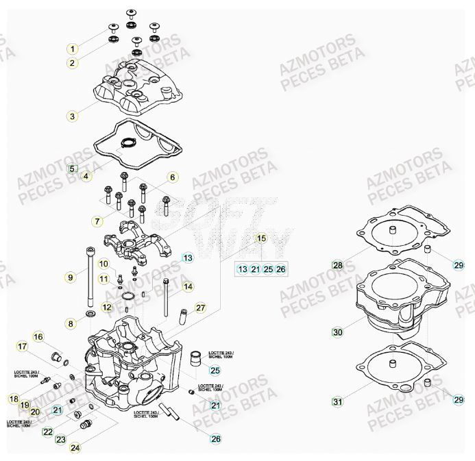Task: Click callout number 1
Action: [73, 49]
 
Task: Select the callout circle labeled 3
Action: [73, 116]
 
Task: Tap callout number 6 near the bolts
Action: [173, 177]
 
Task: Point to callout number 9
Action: [70, 277]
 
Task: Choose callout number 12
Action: [107, 308]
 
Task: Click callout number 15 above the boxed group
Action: [260, 239]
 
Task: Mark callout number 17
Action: [22, 347]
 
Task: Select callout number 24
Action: [74, 448]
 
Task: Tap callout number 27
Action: [200, 308]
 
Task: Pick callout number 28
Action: [337, 265]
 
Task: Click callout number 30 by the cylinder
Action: [337, 332]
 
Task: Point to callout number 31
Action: [337, 401]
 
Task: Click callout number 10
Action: [103, 264]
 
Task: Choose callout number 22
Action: [47, 432]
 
